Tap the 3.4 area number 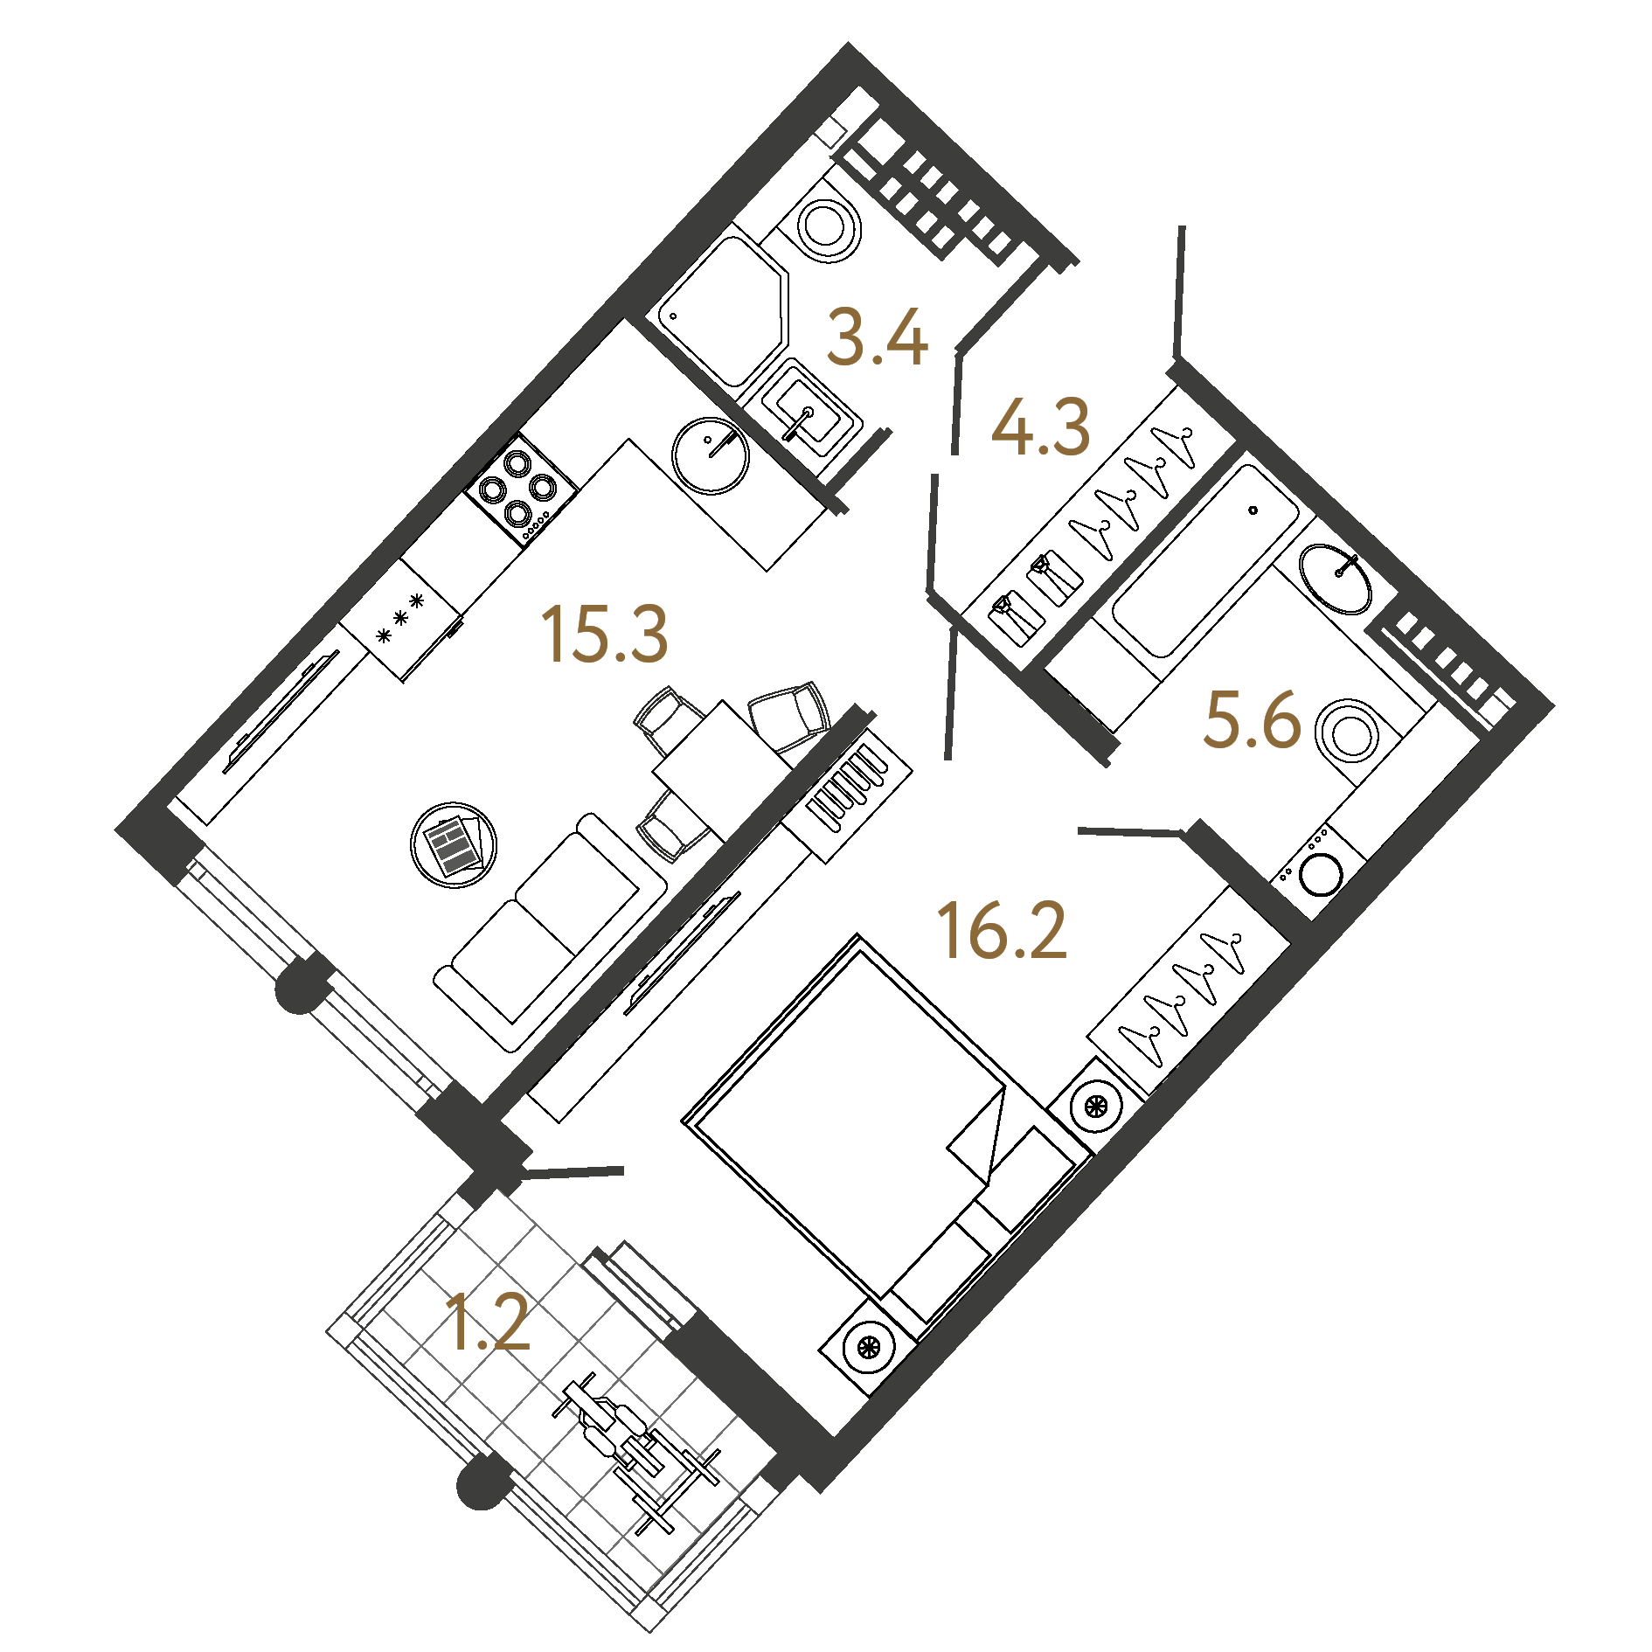tap(877, 337)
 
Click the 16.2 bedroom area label tap(1002, 932)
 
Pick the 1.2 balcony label tap(486, 1322)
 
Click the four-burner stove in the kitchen tap(521, 490)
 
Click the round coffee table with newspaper tap(454, 844)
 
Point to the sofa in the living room tap(551, 932)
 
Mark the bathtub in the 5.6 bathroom tap(1205, 560)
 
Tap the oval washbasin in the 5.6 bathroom tap(1335, 579)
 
